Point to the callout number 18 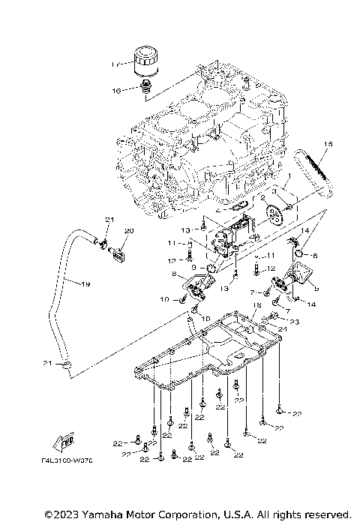pyautogui.click(x=257, y=305)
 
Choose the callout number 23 pyautogui.click(x=295, y=322)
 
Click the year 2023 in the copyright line pyautogui.click(x=61, y=514)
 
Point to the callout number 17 pyautogui.click(x=115, y=64)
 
